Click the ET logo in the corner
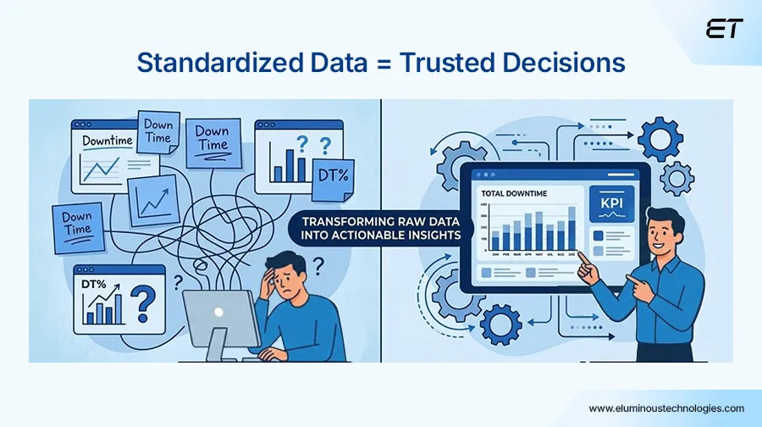coord(725,28)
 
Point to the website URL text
coord(666,408)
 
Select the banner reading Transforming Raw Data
coord(379,227)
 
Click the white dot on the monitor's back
coord(219,312)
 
